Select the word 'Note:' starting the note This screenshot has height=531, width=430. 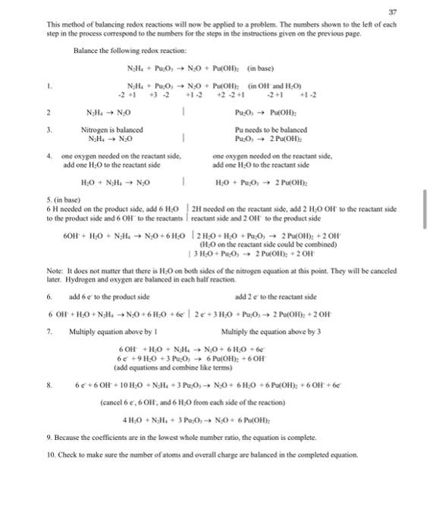click(55, 270)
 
